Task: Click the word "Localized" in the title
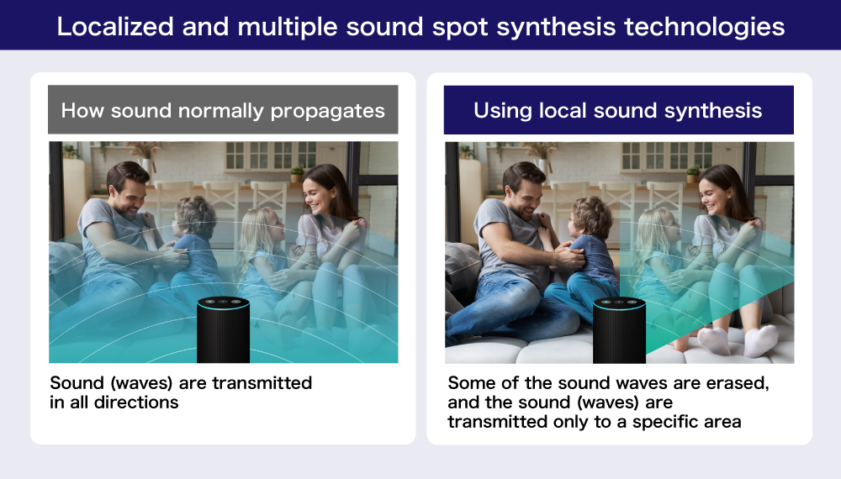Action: coord(115,27)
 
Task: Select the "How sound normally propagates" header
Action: coord(223,110)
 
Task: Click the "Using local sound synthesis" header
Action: coord(618,110)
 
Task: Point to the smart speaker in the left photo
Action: coord(223,330)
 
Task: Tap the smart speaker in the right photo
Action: coord(619,330)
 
